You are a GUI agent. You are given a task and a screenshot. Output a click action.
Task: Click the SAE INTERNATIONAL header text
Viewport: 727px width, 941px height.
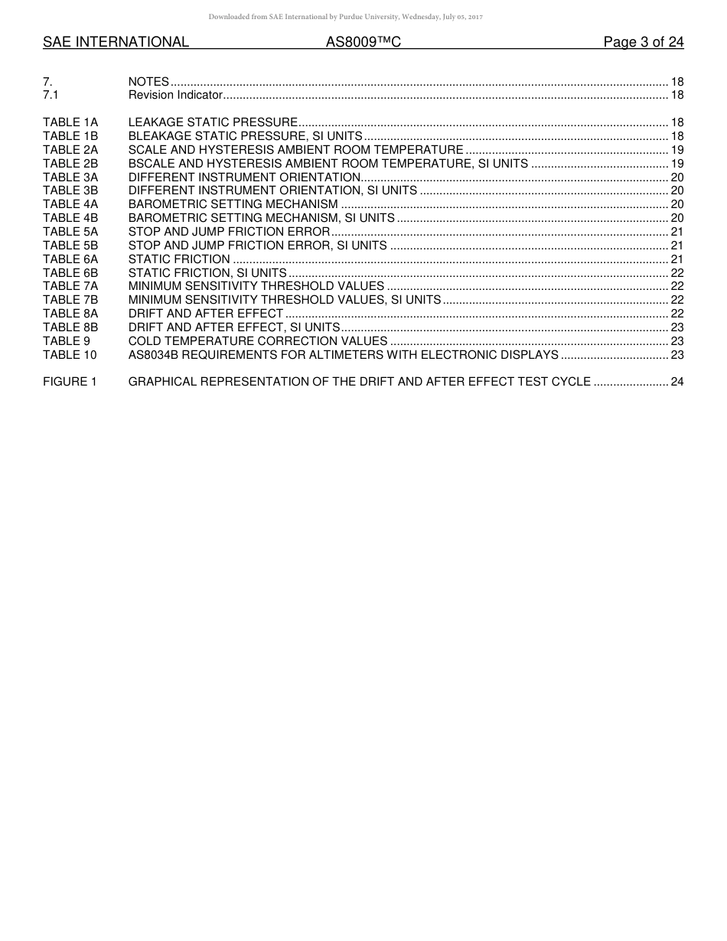coord(116,42)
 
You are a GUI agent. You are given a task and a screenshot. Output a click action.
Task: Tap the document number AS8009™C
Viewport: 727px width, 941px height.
coord(363,42)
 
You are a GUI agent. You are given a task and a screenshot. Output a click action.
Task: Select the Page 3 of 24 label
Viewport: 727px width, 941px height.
coord(643,42)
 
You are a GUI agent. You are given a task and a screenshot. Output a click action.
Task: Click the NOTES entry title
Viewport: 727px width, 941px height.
coord(148,82)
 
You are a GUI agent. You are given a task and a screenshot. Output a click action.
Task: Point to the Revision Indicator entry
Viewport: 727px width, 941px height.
coord(175,95)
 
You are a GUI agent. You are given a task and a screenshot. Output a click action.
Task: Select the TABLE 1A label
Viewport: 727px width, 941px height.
coord(70,122)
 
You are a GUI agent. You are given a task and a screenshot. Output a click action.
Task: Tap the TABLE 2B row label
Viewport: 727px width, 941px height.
coord(70,164)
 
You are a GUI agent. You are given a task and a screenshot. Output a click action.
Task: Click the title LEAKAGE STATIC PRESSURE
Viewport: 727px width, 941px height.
coord(213,122)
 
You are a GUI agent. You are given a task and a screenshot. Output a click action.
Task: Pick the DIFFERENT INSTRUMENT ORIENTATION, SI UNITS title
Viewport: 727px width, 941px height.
coord(272,190)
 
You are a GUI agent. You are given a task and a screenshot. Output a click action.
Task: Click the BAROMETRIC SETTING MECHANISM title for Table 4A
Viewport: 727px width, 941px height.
coord(233,204)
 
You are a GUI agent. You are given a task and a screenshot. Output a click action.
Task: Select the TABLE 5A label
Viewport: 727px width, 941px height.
coord(70,232)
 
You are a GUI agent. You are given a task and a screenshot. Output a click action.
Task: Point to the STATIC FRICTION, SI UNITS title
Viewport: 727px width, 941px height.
coord(207,273)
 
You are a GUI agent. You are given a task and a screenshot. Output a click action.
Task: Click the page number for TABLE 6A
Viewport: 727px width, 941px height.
coord(676,259)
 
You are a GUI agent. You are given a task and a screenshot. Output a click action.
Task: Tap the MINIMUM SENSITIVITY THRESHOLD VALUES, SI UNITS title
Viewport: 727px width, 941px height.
coord(285,300)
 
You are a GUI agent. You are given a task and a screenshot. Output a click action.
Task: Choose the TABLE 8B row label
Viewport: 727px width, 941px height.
coord(70,327)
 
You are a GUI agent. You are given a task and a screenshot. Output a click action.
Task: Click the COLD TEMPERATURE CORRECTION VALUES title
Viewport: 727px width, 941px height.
coord(258,341)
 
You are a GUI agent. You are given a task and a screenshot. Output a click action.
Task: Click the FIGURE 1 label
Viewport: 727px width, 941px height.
coord(70,382)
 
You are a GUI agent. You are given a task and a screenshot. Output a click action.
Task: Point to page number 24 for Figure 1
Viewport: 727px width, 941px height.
coord(676,382)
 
